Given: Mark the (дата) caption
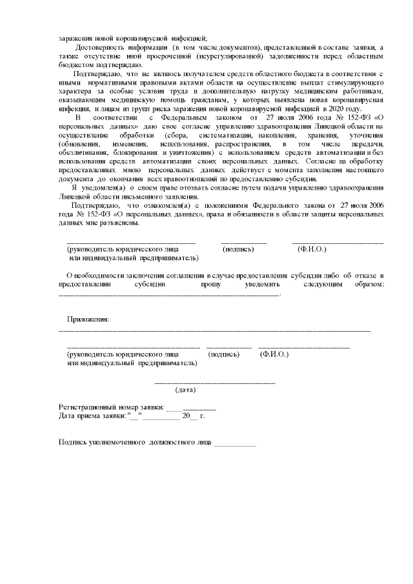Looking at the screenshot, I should [x=186, y=390].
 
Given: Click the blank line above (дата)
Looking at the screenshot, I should [x=214, y=382].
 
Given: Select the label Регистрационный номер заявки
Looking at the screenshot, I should [x=110, y=407].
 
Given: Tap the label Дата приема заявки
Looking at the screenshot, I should [x=91, y=416].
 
